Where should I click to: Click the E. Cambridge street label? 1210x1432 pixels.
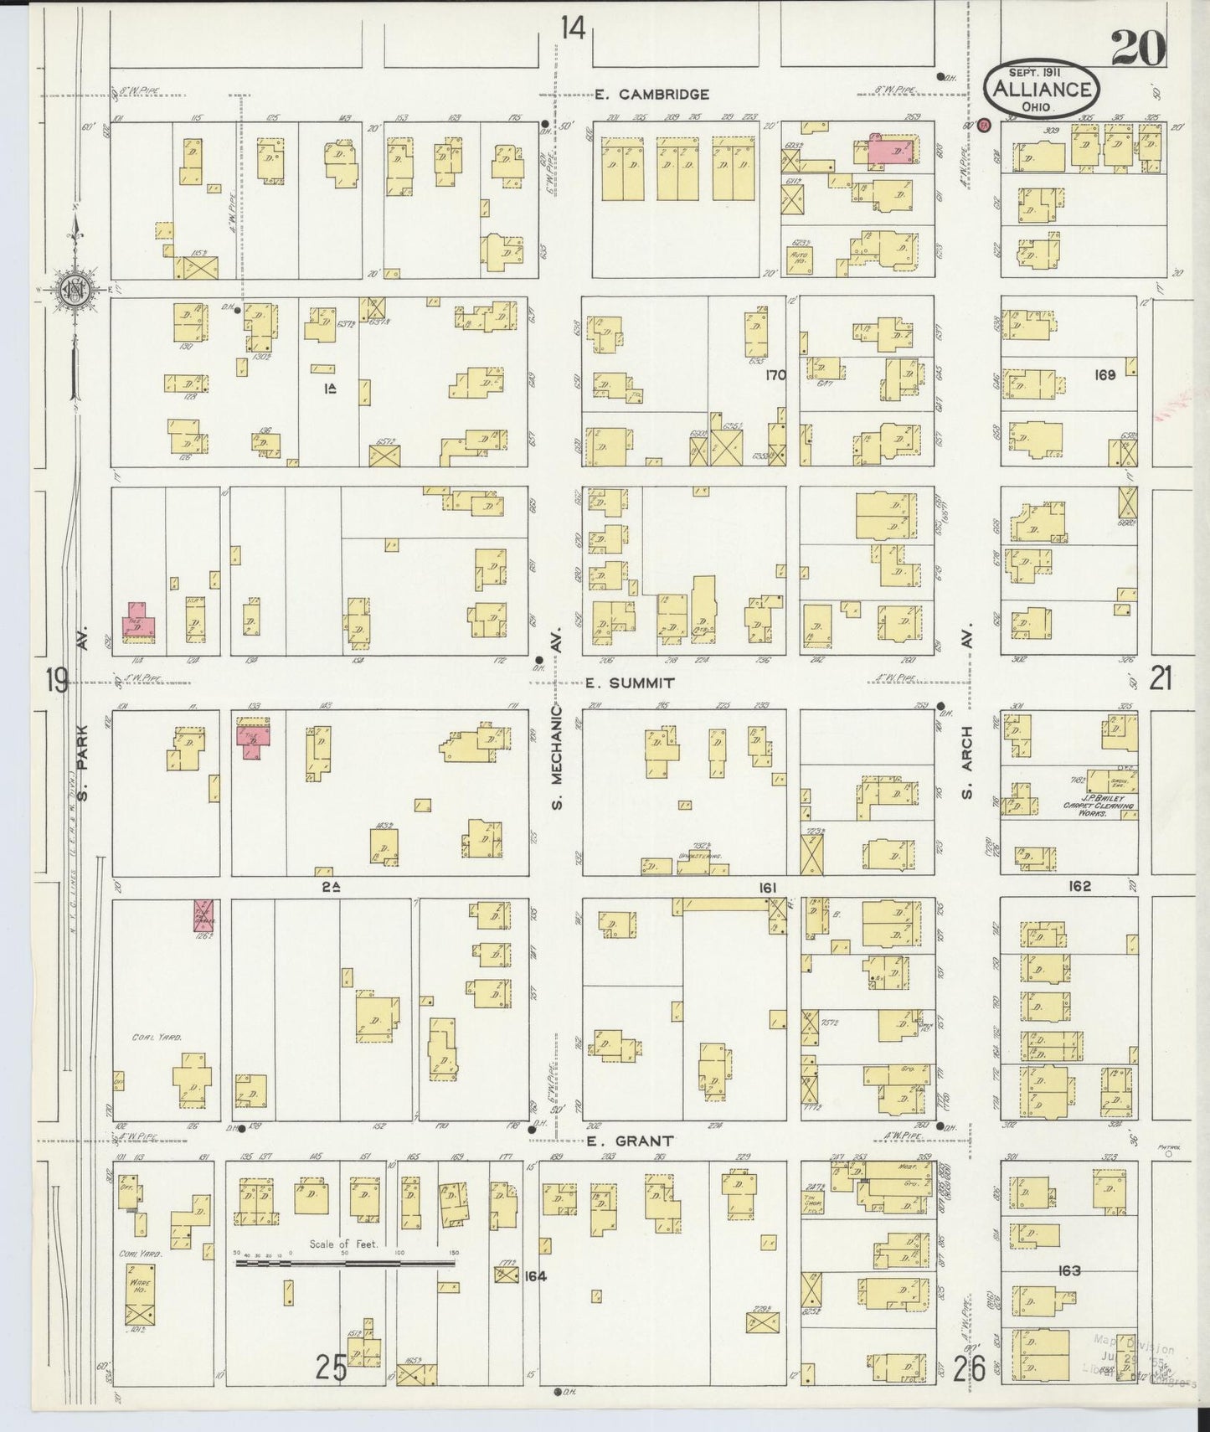click(x=652, y=95)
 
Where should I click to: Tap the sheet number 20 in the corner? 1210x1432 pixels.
click(x=1138, y=51)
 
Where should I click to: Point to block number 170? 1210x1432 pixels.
click(x=775, y=375)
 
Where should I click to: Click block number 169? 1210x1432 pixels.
click(x=1104, y=375)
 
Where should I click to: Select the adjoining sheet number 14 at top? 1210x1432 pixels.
click(x=573, y=28)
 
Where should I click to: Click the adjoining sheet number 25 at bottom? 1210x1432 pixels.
click(x=332, y=1368)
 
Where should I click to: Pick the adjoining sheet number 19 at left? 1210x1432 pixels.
click(x=57, y=680)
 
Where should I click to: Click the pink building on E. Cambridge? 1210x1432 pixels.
click(x=891, y=152)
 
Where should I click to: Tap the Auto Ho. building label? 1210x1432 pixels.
click(x=800, y=258)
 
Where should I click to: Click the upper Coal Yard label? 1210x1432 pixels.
click(x=157, y=1037)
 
